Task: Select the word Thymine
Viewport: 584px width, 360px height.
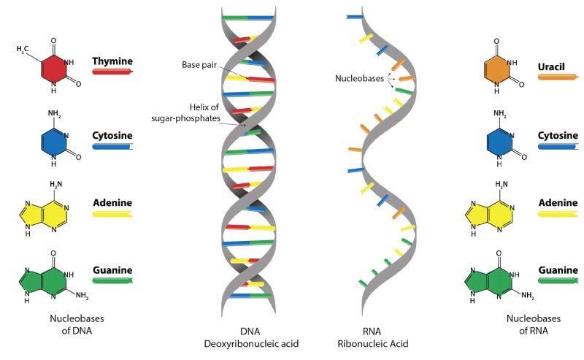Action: pos(112,61)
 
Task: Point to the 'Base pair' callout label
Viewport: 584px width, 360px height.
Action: pos(200,65)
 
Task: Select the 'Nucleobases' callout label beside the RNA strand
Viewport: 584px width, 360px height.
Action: pos(360,77)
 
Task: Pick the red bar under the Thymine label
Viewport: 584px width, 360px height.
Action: pos(112,72)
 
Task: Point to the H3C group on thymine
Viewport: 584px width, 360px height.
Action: pos(23,50)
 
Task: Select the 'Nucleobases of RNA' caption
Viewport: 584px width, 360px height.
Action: pos(527,324)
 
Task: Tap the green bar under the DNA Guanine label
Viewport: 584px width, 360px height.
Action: pos(112,280)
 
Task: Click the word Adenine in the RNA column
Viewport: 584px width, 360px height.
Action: pos(557,203)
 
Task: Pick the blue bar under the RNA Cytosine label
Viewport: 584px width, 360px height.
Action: pos(557,146)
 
